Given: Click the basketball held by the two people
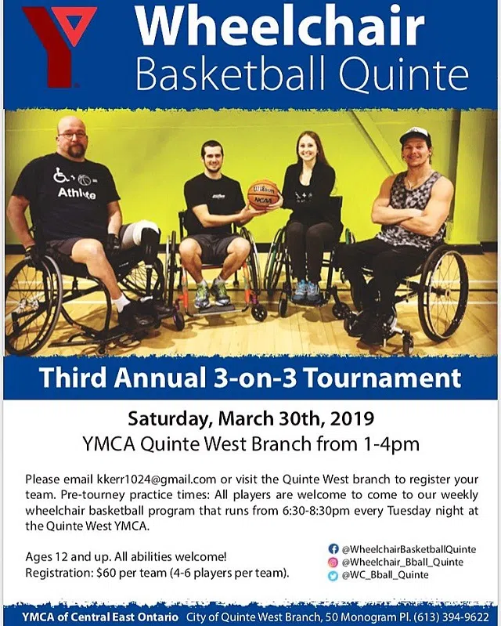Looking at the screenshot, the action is (x=262, y=195).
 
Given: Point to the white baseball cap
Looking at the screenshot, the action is (x=415, y=136).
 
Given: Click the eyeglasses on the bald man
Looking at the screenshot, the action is (x=72, y=135).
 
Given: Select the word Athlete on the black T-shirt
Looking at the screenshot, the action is (x=77, y=194).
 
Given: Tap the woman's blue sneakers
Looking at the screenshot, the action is (x=305, y=291).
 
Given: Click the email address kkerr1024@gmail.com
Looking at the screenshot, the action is (x=157, y=479).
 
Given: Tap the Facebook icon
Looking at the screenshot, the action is (x=333, y=548).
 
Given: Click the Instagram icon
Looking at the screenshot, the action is (x=333, y=562).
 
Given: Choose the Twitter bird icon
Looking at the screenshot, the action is (x=333, y=575).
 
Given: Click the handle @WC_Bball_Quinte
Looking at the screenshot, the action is (x=385, y=575).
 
